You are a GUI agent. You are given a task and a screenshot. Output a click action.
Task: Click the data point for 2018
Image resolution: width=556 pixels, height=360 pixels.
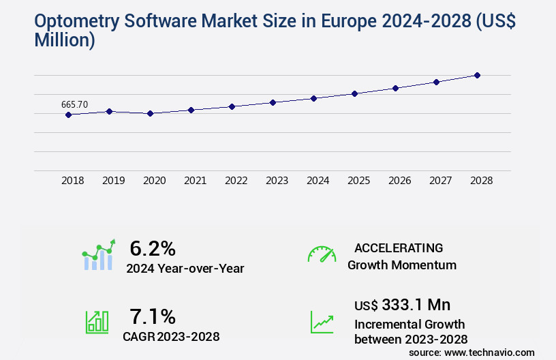pos(68,115)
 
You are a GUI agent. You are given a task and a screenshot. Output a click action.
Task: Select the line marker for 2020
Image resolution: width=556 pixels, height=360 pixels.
pos(150,113)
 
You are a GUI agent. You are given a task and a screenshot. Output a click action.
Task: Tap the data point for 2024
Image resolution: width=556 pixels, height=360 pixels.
pos(313,98)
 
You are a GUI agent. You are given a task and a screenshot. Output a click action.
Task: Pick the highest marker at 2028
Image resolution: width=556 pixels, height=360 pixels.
pos(477,75)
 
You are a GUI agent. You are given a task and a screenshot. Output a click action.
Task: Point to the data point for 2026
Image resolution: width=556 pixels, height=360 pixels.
pos(395,88)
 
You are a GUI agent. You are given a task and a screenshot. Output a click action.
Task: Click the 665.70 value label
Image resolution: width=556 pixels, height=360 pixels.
pos(74,104)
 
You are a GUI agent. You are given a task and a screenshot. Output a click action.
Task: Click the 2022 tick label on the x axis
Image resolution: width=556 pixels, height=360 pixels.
pos(236,181)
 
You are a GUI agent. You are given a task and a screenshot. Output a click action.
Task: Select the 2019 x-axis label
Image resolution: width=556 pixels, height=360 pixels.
pos(113,181)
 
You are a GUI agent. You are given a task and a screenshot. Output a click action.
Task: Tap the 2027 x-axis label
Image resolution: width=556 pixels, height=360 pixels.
pos(440,181)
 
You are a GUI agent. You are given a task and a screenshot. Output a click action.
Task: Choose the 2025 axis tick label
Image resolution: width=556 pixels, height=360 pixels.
pos(358,181)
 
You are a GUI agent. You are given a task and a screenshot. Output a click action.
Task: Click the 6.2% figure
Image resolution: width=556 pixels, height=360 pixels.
pos(153,248)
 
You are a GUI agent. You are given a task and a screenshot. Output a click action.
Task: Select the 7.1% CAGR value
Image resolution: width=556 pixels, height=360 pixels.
pos(153,316)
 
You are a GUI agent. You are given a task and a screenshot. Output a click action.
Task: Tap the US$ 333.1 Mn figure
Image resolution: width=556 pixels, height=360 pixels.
pos(402,305)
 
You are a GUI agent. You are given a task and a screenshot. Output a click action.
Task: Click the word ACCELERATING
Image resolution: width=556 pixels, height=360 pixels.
pos(399,247)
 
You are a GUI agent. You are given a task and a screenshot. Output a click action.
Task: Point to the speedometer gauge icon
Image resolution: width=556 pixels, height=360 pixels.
pos(322,254)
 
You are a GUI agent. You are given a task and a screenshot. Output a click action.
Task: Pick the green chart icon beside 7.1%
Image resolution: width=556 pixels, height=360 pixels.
pos(97,322)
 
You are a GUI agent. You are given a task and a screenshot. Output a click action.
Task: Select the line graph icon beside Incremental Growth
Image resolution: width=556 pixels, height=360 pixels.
pos(322,322)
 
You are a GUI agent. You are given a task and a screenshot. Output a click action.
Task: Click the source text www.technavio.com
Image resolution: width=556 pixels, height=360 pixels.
pos(489,352)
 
